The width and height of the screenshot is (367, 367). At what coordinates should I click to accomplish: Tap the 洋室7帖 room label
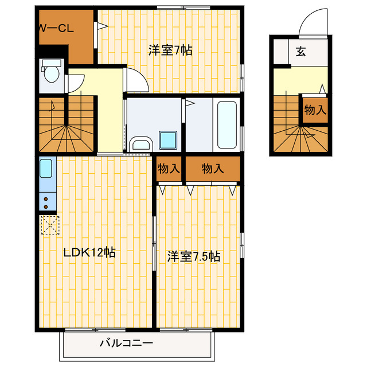click(x=171, y=50)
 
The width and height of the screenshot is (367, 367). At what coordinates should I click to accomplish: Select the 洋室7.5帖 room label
click(x=194, y=256)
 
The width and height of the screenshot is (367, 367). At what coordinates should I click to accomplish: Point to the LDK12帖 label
click(x=89, y=252)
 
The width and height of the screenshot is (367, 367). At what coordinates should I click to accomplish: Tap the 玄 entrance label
click(x=300, y=52)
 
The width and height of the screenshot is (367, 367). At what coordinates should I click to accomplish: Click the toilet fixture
click(x=51, y=73)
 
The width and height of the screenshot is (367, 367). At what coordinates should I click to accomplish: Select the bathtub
click(x=227, y=124)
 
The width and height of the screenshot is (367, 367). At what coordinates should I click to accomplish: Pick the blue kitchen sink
click(x=46, y=169)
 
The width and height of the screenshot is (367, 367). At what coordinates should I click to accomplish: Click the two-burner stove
click(x=46, y=201)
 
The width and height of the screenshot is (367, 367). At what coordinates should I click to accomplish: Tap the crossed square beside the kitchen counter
click(x=49, y=224)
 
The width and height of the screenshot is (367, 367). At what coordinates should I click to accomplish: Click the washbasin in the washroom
click(x=139, y=145)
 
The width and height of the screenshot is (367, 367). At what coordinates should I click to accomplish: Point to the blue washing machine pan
click(x=168, y=140)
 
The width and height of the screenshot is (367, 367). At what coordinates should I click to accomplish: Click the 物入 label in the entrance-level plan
click(x=315, y=110)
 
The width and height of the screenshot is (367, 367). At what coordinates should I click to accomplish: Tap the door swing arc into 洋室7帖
click(x=135, y=80)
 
